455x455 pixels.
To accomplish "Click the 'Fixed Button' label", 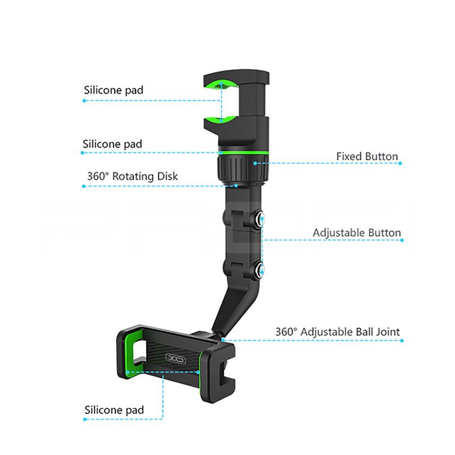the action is click(367, 156).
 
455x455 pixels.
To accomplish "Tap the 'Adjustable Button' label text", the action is click(357, 233).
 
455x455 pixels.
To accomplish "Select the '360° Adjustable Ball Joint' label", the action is click(337, 332).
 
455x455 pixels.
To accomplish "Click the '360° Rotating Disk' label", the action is click(133, 176).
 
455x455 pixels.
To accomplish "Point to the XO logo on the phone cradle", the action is click(176, 359).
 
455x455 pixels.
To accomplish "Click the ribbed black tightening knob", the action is click(243, 169).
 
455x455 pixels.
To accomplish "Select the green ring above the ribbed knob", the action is click(243, 152).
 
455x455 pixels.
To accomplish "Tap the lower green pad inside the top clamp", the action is click(222, 119).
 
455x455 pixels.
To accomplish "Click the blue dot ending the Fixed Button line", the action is click(400, 163).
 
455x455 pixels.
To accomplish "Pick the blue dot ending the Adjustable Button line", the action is click(402, 240).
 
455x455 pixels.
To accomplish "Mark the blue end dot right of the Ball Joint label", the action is click(402, 341).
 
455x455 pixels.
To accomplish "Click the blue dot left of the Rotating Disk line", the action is click(84, 187).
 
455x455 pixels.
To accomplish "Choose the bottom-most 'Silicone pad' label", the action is click(114, 410).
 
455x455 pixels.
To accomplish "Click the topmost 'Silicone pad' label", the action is click(113, 90).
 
